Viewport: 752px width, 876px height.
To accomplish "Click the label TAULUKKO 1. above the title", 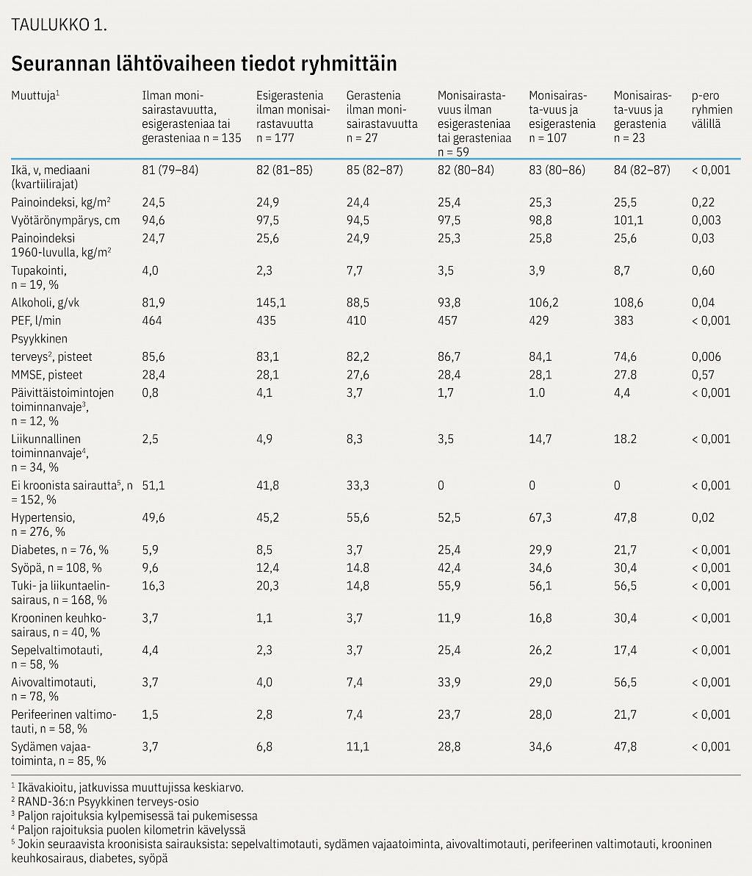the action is (x=59, y=24).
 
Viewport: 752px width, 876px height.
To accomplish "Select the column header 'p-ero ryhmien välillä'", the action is (x=712, y=109).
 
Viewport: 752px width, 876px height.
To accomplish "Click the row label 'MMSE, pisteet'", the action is (x=47, y=375).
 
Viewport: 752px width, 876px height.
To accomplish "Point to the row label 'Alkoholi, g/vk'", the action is (x=46, y=303).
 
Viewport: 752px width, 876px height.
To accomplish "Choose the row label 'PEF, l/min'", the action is (x=36, y=320).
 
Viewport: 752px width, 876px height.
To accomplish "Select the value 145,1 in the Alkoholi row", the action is (x=271, y=303).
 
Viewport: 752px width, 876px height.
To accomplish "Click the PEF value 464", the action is (x=152, y=320).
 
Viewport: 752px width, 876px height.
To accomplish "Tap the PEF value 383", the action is (x=623, y=320).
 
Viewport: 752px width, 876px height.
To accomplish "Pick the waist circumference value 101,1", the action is (x=628, y=220).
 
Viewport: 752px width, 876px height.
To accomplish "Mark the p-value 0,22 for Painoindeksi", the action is (x=703, y=202).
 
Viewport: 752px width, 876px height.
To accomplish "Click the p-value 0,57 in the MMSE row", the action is (x=703, y=375).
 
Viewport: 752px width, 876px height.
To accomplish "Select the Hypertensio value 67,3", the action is (x=540, y=517).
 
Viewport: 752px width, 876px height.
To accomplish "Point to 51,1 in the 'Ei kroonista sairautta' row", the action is (x=153, y=486).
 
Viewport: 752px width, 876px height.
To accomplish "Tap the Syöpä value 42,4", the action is (x=449, y=567).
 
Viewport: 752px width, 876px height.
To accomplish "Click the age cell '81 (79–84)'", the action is (x=170, y=170).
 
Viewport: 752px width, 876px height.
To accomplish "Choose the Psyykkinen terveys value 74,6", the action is (x=625, y=357).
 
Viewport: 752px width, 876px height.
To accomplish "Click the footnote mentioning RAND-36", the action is (x=105, y=802).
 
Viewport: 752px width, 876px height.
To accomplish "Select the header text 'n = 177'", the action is (x=275, y=137).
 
